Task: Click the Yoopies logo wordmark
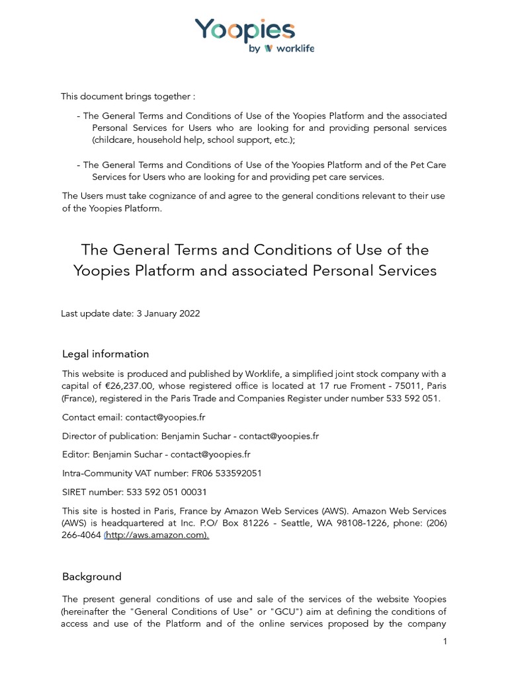(245, 31)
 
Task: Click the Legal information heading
(105, 354)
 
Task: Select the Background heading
(92, 577)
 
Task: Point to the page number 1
(446, 641)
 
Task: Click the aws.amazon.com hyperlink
(157, 536)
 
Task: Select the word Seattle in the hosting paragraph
(321, 523)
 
